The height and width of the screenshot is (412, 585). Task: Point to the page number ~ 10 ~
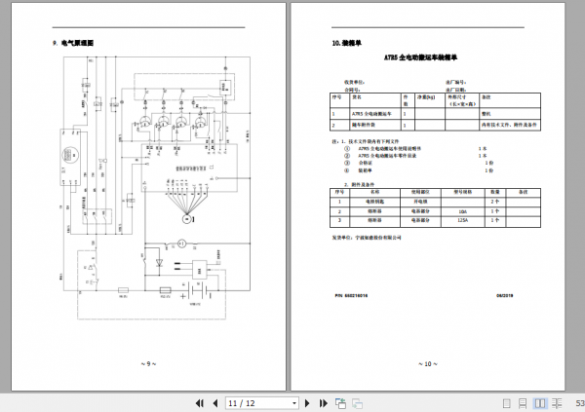(x=427, y=363)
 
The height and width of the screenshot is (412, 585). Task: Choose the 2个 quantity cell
(x=495, y=202)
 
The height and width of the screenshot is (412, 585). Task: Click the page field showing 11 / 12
(x=261, y=403)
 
